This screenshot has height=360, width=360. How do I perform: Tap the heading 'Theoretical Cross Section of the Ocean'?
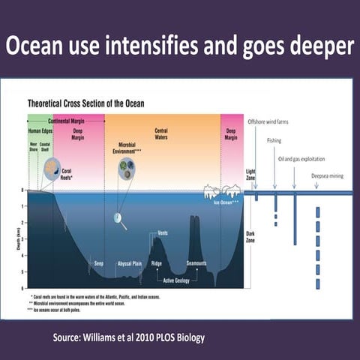click(x=86, y=103)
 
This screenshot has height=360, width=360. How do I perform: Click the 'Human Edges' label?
click(x=38, y=132)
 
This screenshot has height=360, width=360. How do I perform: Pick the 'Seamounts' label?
click(x=196, y=263)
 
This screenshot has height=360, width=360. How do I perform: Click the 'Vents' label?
click(x=163, y=233)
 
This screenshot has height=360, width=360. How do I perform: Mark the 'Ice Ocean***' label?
click(x=226, y=202)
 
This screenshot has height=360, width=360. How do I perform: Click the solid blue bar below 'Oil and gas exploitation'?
click(x=295, y=220)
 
